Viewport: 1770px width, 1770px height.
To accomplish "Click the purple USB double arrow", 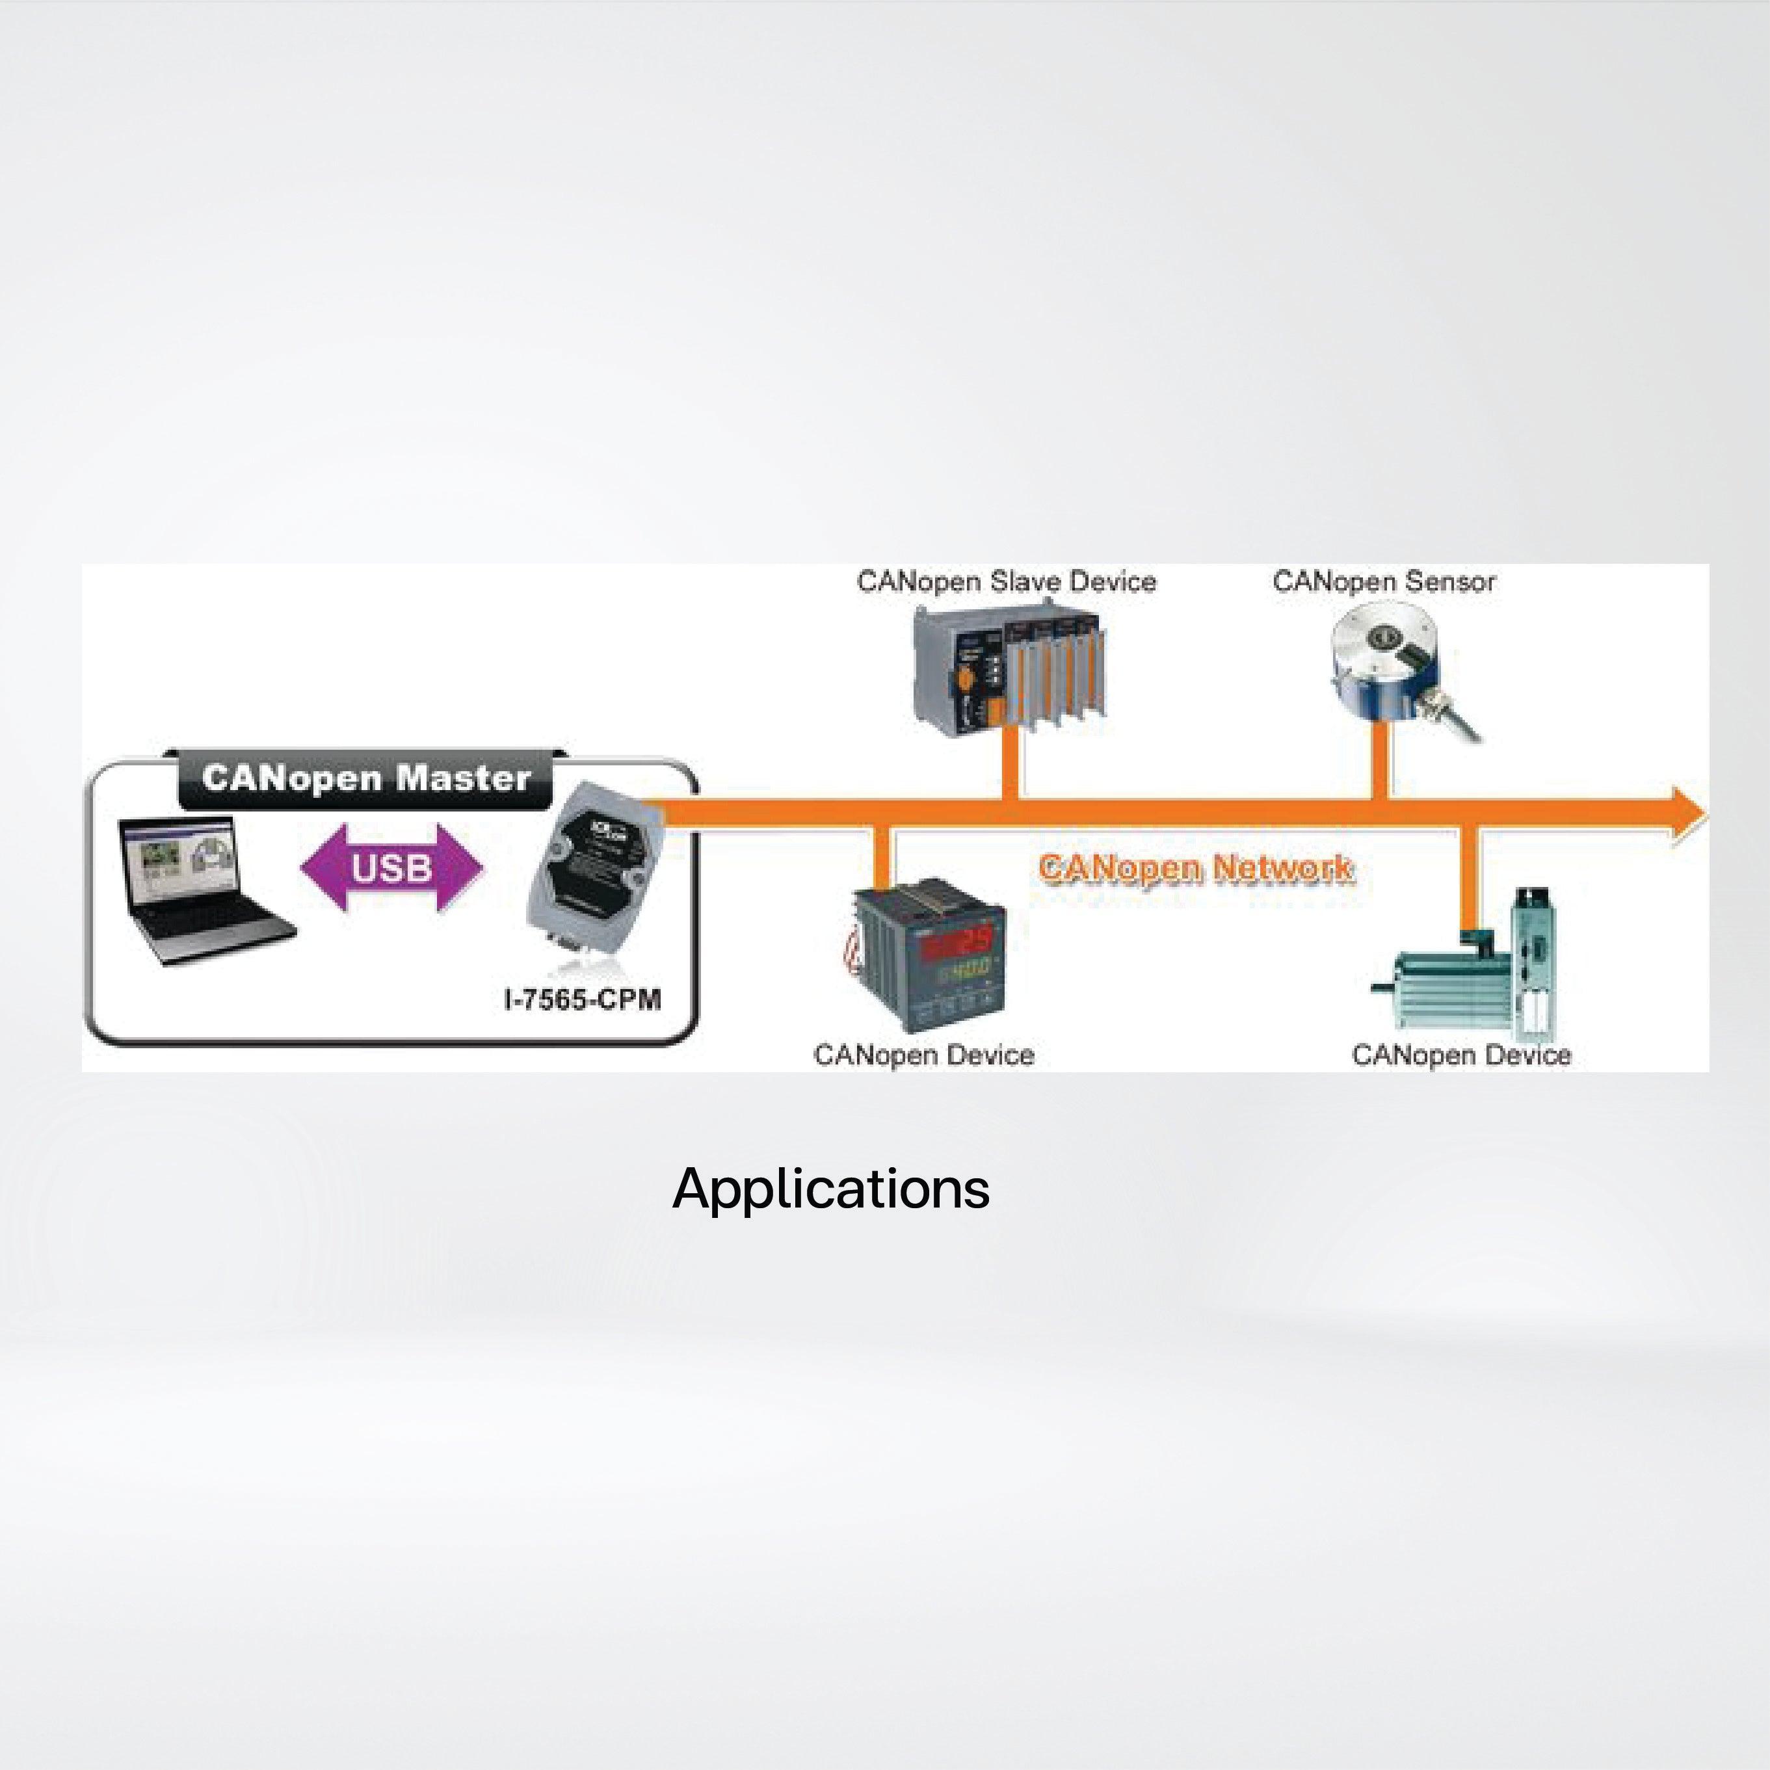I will [392, 867].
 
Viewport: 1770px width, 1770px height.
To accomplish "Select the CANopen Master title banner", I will [367, 779].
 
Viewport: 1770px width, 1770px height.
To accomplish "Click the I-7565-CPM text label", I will [583, 999].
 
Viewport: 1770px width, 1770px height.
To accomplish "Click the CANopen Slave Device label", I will [1006, 582].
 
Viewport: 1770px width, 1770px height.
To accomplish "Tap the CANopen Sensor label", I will [1383, 582].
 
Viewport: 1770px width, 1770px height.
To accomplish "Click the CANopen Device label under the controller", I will [923, 1055].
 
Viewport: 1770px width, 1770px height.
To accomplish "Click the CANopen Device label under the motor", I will [1461, 1055].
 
